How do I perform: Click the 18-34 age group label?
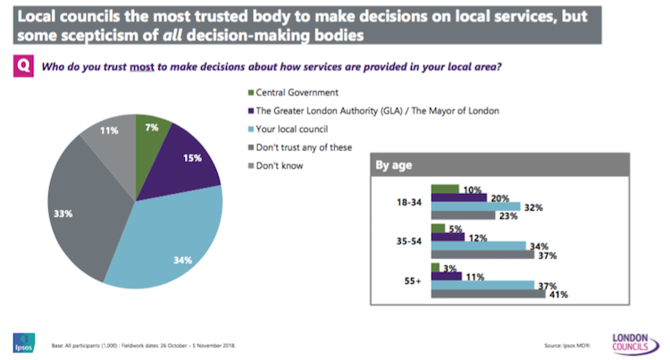point(407,202)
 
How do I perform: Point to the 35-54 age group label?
point(407,241)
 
